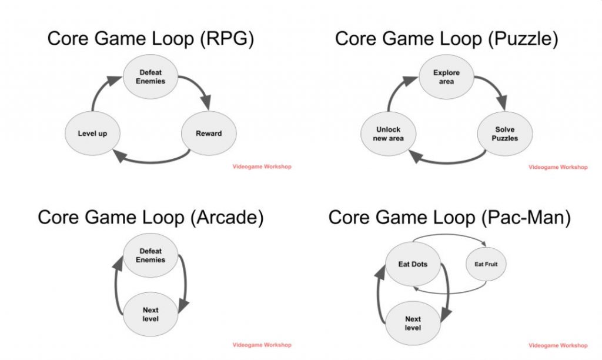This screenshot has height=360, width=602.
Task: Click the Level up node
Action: (x=92, y=134)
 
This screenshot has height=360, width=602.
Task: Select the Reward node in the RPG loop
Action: (x=209, y=134)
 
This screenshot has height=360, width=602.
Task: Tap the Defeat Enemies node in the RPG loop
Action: (x=150, y=76)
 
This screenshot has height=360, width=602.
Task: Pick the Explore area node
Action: (x=446, y=77)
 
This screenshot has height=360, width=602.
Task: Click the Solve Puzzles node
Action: (x=505, y=134)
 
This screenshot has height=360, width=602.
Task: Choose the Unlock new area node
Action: (x=388, y=134)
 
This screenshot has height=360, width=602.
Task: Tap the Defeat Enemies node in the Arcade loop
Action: (x=150, y=255)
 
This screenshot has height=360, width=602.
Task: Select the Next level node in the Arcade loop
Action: (x=150, y=314)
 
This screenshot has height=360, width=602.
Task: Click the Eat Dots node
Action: (x=413, y=264)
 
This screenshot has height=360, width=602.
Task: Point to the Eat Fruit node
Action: (x=486, y=264)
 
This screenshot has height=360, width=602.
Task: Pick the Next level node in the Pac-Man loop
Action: (x=413, y=323)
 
